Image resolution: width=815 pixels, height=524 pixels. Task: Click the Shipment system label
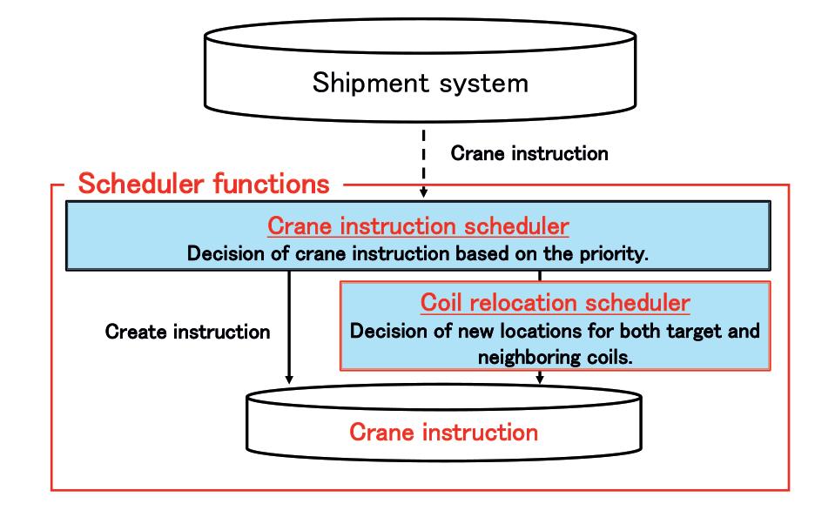[420, 84]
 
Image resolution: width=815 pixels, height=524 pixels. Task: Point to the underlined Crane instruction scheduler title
[418, 226]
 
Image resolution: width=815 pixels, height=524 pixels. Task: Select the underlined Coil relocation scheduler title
[556, 303]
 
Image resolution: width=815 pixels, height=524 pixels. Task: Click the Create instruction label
[187, 332]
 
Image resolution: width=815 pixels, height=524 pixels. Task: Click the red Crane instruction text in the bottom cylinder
[443, 432]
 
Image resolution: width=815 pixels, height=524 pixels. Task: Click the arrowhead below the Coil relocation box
[540, 379]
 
